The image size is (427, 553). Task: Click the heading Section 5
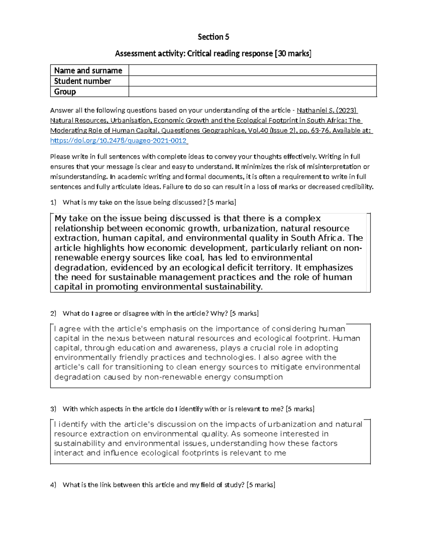(213, 37)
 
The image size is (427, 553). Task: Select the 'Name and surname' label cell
(88, 71)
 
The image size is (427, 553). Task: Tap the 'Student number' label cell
(83, 81)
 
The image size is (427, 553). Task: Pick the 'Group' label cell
(65, 92)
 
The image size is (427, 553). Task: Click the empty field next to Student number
(252, 81)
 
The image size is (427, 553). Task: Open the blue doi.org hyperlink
(118, 141)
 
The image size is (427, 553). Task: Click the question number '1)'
(53, 203)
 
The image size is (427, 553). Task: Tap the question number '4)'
(53, 485)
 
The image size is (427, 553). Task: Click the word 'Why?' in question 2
(219, 314)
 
